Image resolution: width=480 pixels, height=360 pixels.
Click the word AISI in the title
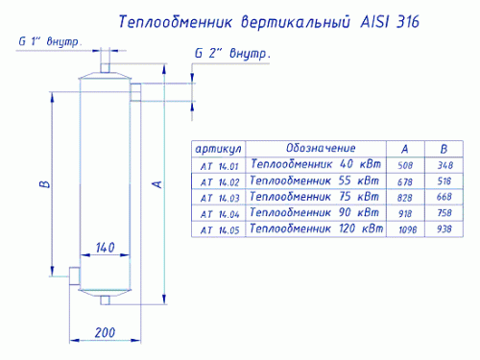coord(375,22)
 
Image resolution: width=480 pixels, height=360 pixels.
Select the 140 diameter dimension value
coord(106,248)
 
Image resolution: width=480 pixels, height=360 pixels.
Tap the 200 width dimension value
coord(105,333)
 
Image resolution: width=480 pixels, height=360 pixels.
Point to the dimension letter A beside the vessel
coord(157,184)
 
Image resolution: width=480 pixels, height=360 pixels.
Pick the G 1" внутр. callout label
coord(49,41)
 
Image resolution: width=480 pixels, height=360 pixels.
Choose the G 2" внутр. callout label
coord(232,54)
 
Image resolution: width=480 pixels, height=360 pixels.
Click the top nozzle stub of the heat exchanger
coord(105,68)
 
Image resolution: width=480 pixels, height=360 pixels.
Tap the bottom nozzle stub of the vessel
coord(105,300)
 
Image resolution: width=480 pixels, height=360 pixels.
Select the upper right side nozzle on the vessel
coord(135,92)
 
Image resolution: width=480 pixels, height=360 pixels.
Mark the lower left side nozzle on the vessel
coord(75,276)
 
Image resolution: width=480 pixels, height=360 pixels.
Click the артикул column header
coord(218,149)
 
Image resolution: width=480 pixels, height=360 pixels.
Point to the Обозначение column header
coord(321,148)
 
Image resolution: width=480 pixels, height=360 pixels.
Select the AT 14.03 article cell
coord(220,198)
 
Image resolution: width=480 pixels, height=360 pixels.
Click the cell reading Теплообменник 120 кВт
coord(316,228)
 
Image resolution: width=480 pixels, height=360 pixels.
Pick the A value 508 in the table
coord(405,165)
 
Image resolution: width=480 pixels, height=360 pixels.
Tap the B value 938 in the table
coord(444,228)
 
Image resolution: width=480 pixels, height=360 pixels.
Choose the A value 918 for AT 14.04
coord(405,213)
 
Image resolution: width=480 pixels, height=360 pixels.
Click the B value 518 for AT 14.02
coord(444,181)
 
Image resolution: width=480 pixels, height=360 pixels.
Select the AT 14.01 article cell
coord(220,166)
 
